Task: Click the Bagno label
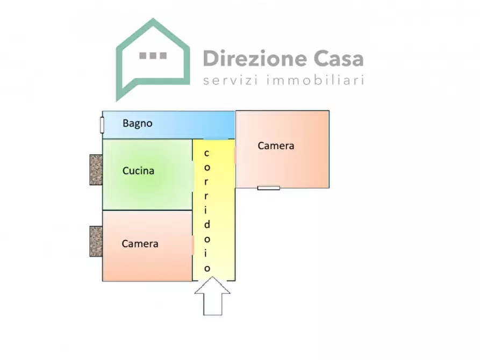click(x=138, y=123)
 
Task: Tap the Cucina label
click(x=138, y=171)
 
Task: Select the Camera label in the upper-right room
click(x=276, y=146)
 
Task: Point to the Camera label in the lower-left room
click(x=140, y=244)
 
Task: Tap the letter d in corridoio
click(x=207, y=225)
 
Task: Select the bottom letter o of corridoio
click(x=207, y=268)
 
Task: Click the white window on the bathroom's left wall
click(x=102, y=124)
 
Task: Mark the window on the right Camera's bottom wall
click(x=269, y=188)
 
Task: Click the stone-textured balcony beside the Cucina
click(x=96, y=170)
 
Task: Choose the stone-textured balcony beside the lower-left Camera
click(x=96, y=241)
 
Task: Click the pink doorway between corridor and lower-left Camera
click(x=192, y=244)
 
